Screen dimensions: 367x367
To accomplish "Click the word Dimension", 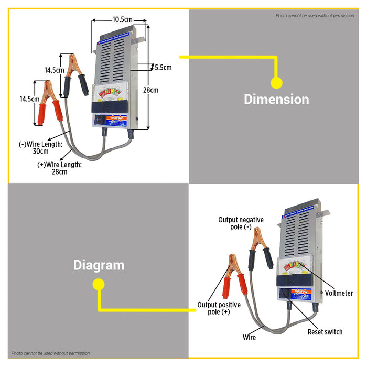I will coord(276,99).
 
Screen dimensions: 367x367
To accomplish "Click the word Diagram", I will coord(99,265).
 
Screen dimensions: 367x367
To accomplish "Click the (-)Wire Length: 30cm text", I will coord(41,147).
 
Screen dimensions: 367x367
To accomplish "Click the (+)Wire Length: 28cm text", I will coord(60,168).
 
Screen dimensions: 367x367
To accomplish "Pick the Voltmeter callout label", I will coord(339,293).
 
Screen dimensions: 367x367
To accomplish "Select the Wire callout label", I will coord(250,338).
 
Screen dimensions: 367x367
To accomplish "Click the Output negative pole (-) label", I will coord(241,223).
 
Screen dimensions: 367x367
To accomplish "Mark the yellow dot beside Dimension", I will coord(276,82).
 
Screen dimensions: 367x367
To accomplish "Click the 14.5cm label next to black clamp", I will coord(54,70).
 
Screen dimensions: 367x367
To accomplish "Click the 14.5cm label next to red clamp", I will coord(29,99).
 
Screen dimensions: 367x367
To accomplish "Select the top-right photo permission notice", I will coord(315,16).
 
